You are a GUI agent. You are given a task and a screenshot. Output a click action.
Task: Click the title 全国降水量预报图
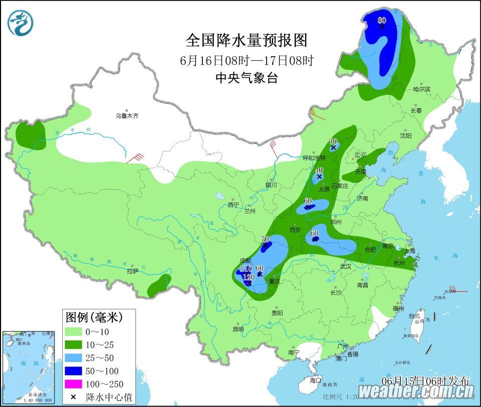pyautogui.click(x=246, y=40)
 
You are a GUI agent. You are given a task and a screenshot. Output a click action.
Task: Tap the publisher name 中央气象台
pyautogui.click(x=246, y=78)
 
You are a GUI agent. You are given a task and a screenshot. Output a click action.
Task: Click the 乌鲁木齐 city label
pyautogui.click(x=127, y=116)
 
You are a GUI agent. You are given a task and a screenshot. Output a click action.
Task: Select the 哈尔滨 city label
pyautogui.click(x=421, y=89)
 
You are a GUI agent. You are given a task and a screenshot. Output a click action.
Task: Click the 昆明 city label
pyautogui.click(x=238, y=329)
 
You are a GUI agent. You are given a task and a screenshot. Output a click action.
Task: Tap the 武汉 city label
pyautogui.click(x=345, y=266)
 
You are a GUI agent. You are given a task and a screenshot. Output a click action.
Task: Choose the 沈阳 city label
pyautogui.click(x=406, y=135)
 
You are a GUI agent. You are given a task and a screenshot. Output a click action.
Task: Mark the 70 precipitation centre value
pyautogui.click(x=266, y=239)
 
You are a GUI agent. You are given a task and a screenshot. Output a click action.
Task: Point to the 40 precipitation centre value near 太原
pyautogui.click(x=319, y=170)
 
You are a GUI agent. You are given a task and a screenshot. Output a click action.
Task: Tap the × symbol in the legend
pyautogui.click(x=74, y=397)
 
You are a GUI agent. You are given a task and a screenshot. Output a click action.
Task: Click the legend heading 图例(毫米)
pyautogui.click(x=94, y=317)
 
